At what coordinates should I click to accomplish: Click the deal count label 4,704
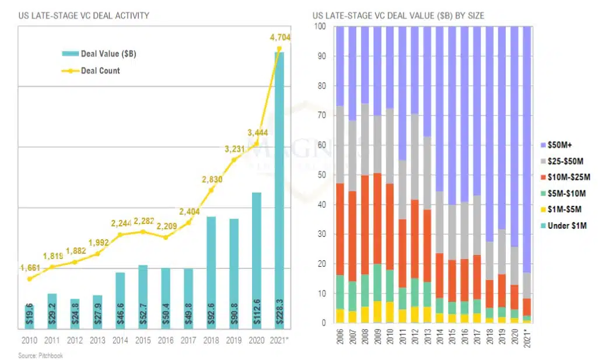pyautogui.click(x=280, y=38)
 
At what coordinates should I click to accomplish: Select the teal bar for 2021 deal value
pyautogui.click(x=279, y=175)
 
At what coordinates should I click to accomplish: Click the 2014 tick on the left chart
pyautogui.click(x=120, y=340)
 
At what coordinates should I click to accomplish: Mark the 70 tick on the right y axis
pyautogui.click(x=321, y=116)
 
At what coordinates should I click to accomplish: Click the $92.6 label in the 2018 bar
pyautogui.click(x=211, y=313)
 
